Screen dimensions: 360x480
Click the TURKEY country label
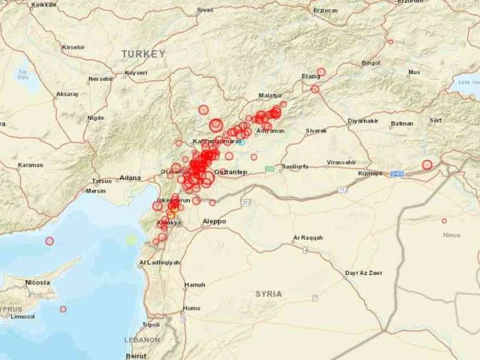coord(143,54)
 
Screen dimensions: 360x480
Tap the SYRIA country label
coord(268,294)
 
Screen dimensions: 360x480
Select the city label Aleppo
coord(214,221)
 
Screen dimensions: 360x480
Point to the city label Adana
coord(130,177)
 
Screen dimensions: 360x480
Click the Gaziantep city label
coord(230,172)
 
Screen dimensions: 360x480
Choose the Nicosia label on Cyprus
coord(37,283)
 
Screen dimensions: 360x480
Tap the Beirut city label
coord(136,355)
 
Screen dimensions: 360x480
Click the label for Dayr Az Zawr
coord(364,273)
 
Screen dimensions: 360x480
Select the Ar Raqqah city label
coord(307,238)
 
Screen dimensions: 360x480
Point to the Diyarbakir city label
coord(363,121)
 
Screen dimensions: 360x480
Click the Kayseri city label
coord(136,73)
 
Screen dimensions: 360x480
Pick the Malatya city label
coord(270,95)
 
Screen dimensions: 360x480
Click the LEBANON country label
coord(142,339)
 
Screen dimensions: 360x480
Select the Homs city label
coord(192,308)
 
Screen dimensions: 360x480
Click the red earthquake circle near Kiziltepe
coord(427,165)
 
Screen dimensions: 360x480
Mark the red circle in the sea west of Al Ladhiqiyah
coord(50,241)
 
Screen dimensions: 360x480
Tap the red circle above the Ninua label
coord(444,221)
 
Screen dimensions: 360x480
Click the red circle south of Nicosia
coord(63,309)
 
